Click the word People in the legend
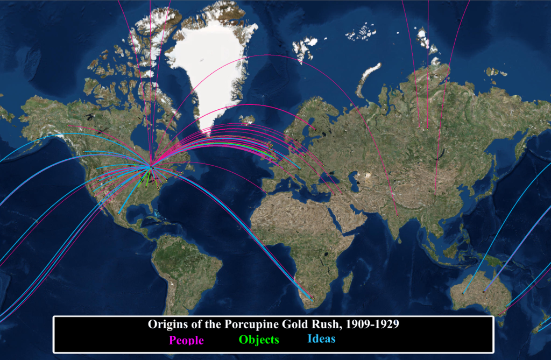click(x=186, y=340)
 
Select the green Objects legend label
click(x=259, y=340)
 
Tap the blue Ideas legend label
click(x=321, y=339)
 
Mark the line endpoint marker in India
click(x=397, y=216)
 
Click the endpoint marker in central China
click(x=435, y=194)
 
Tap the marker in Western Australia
click(x=463, y=294)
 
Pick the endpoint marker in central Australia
click(x=484, y=291)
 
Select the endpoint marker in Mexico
click(x=118, y=214)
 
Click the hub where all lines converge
click(x=152, y=167)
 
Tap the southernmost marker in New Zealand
click(x=536, y=331)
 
